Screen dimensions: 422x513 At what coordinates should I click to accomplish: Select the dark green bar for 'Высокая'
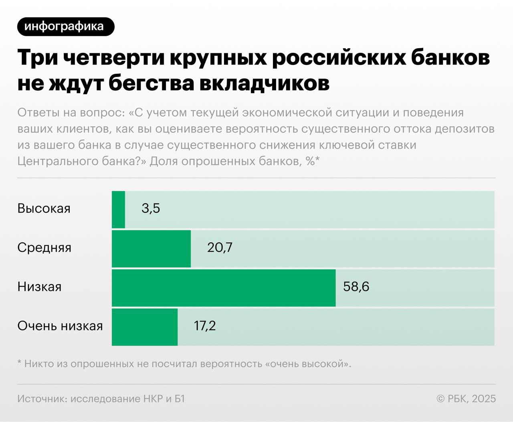(x=119, y=210)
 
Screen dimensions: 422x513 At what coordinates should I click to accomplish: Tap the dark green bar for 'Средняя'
(x=151, y=248)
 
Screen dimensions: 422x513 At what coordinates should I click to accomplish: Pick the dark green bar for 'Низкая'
(x=223, y=288)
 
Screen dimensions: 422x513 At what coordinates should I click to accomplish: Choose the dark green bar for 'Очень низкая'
(x=145, y=327)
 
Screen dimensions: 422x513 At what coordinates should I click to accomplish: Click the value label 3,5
(x=151, y=208)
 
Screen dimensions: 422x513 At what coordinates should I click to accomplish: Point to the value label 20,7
(x=220, y=247)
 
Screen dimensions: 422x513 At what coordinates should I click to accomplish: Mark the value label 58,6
(x=356, y=287)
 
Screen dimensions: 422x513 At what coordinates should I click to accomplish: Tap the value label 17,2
(x=205, y=325)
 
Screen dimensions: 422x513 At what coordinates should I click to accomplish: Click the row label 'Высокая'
(x=44, y=208)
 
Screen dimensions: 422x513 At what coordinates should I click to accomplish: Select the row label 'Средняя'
(x=44, y=247)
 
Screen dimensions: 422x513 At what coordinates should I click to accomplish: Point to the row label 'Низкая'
(x=39, y=287)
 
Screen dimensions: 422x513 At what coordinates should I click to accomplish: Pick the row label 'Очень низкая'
(x=60, y=325)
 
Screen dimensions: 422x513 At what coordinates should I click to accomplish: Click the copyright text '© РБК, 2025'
(x=466, y=399)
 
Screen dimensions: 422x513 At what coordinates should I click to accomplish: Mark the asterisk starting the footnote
(x=19, y=363)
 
